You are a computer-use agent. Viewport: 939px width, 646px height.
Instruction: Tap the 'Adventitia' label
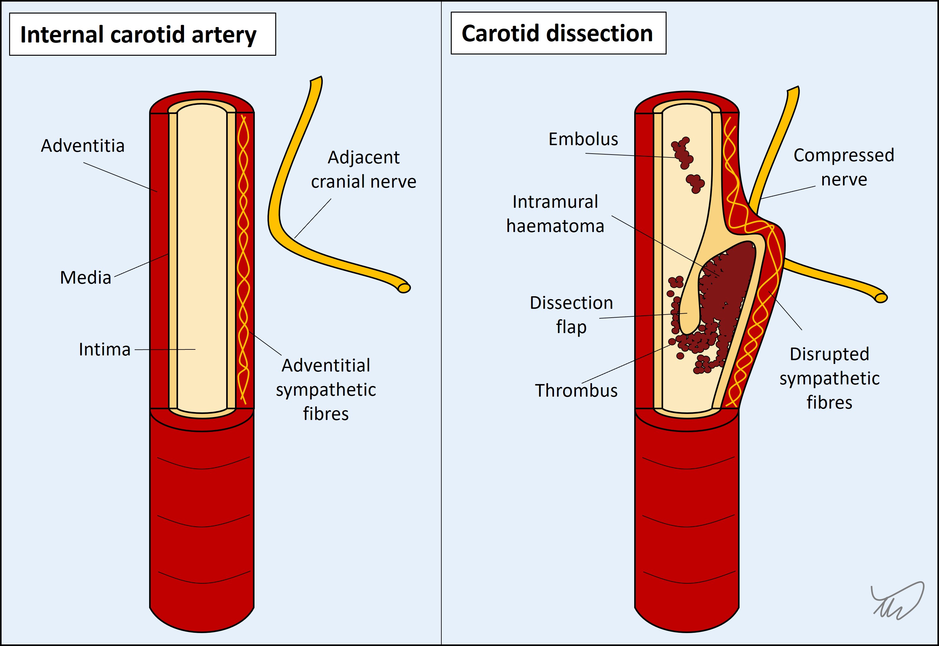83,146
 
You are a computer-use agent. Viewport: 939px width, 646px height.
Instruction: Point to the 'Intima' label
105,349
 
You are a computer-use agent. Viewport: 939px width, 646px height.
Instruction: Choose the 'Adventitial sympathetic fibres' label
326,389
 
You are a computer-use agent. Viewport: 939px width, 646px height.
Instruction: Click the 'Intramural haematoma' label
555,214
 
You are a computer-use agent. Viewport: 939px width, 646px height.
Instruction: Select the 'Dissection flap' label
571,314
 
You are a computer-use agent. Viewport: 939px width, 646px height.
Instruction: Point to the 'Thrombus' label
576,391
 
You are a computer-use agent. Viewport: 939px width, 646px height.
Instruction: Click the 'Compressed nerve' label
844,167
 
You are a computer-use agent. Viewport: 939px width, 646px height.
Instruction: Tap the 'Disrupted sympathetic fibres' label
830,378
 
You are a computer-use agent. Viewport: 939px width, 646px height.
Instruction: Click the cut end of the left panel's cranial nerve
404,288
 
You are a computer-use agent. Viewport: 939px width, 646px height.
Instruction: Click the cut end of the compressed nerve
881,298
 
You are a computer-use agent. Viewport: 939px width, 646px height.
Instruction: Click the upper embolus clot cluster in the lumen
682,153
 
